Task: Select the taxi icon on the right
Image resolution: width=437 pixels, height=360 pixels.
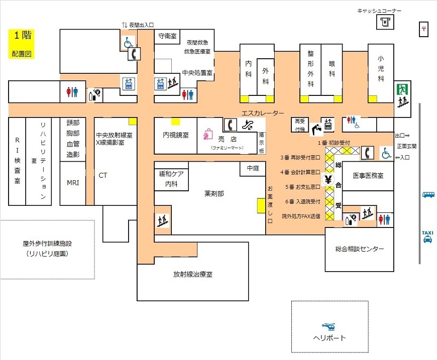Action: pyautogui.click(x=427, y=236)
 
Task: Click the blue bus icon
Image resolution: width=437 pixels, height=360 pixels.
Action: pyautogui.click(x=428, y=194)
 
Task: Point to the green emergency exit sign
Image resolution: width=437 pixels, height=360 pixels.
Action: pyautogui.click(x=401, y=90)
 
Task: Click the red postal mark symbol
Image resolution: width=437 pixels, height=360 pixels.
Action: pyautogui.click(x=424, y=29)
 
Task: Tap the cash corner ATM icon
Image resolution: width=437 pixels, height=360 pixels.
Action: pyautogui.click(x=386, y=22)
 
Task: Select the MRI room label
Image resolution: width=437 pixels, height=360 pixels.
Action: pyautogui.click(x=73, y=183)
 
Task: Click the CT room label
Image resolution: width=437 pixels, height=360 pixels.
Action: pyautogui.click(x=103, y=175)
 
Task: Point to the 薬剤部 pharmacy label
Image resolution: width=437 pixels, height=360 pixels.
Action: pyautogui.click(x=214, y=193)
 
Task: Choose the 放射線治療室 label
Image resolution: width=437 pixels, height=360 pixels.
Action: pyautogui.click(x=193, y=274)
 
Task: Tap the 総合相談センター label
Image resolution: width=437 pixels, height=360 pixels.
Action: pyautogui.click(x=360, y=249)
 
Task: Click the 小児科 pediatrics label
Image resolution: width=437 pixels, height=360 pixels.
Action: pyautogui.click(x=381, y=68)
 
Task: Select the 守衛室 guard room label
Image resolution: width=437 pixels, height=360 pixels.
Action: pyautogui.click(x=167, y=36)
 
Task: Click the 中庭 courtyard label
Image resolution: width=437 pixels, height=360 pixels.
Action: pyautogui.click(x=253, y=168)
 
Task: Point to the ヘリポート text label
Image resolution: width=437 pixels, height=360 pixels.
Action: pyautogui.click(x=330, y=338)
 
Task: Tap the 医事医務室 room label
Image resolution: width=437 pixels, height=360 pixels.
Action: pyautogui.click(x=368, y=176)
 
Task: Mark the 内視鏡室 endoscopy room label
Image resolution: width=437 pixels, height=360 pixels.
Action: pyautogui.click(x=176, y=135)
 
